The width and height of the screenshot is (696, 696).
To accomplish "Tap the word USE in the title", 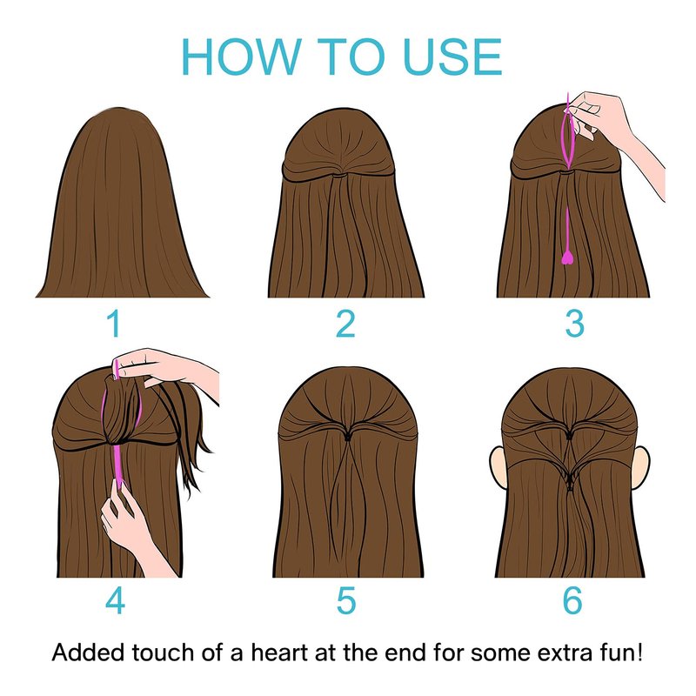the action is coord(453,57).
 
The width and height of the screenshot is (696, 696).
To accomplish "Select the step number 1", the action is coord(115,324).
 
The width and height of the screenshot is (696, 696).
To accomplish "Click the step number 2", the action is coord(345,324).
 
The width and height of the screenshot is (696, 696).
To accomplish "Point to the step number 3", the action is coord(575,324).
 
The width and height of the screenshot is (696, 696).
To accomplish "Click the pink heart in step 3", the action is coord(567,258).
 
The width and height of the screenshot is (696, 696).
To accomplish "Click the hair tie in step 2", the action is coord(339,176).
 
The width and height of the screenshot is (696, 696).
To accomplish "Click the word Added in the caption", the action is coord(88,652).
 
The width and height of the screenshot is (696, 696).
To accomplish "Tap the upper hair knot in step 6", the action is coord(570,437).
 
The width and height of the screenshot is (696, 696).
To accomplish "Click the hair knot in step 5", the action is coord(348,437).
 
